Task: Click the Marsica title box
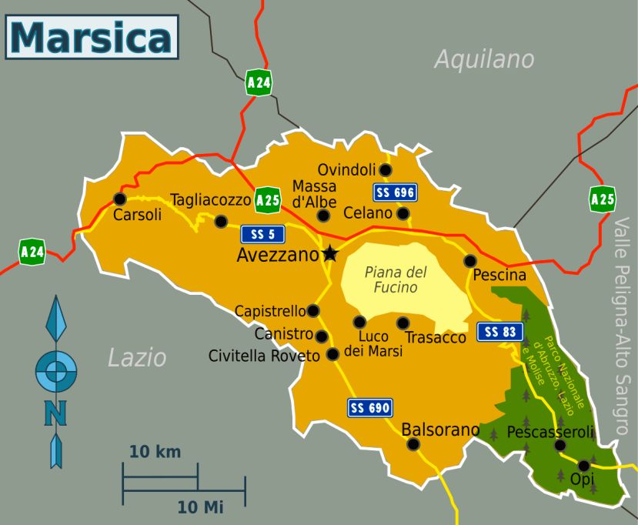point(92,37)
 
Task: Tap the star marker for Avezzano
point(330,252)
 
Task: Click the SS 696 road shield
point(395,192)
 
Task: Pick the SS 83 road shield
point(499,332)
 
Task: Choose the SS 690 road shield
point(370,407)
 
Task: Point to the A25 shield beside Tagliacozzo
point(267,199)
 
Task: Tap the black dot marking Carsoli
point(119,199)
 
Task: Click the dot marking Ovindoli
point(386,169)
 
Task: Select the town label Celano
point(369,213)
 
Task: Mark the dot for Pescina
point(469,261)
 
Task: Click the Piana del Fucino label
point(396,280)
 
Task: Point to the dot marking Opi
point(584,465)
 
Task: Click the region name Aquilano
point(484,59)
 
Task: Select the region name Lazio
point(137,357)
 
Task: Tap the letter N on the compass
point(55,413)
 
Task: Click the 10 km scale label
point(155,452)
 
